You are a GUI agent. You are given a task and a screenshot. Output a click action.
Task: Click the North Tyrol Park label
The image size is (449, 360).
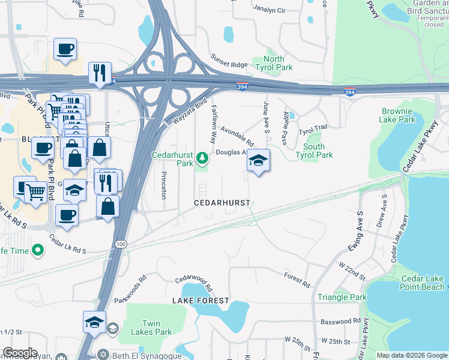pyautogui.click(x=274, y=63)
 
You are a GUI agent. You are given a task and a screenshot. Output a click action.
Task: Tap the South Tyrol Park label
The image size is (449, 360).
pyautogui.click(x=314, y=151)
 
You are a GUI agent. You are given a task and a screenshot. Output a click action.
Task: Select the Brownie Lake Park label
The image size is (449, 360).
pyautogui.click(x=397, y=115)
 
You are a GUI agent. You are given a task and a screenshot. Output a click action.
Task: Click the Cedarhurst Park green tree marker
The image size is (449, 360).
pyautogui.click(x=203, y=157)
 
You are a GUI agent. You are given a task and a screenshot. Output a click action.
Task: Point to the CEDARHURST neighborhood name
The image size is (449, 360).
pyautogui.click(x=222, y=203)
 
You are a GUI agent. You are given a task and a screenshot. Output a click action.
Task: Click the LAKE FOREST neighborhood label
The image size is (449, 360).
pyautogui.click(x=200, y=300)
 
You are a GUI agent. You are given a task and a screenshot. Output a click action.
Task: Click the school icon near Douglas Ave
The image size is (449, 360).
pyautogui.click(x=258, y=160)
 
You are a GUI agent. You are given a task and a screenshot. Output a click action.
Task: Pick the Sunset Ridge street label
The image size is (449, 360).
pyautogui.click(x=229, y=61)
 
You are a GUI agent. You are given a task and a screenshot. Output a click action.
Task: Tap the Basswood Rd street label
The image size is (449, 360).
pyautogui.click(x=340, y=322)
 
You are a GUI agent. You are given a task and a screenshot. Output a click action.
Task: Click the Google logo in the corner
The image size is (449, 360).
pyautogui.click(x=20, y=353)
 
